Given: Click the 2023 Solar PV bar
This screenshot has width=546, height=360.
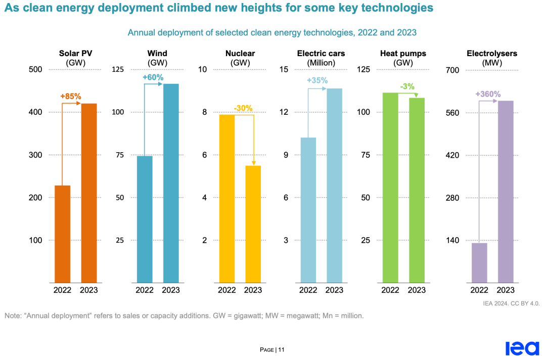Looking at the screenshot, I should point(89,193).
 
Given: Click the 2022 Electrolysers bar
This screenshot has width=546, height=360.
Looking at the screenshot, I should point(479,262).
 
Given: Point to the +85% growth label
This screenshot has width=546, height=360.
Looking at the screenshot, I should point(71,97).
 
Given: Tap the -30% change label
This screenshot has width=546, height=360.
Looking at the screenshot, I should point(243,108).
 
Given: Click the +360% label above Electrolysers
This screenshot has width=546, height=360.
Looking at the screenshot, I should point(488,94).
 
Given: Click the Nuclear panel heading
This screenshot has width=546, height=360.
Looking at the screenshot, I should point(240,54).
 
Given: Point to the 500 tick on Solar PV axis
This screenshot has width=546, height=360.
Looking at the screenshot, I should point(35,70).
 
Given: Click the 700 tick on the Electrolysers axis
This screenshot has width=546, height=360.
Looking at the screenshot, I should point(451,70).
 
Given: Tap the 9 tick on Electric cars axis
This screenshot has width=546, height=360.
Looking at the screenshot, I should point(286,155).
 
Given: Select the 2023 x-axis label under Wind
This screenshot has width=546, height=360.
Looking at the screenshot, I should point(171,290).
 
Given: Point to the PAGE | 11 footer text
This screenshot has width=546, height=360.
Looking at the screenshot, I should point(272,349).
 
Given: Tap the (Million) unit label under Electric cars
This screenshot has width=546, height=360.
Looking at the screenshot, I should point(322,63).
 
